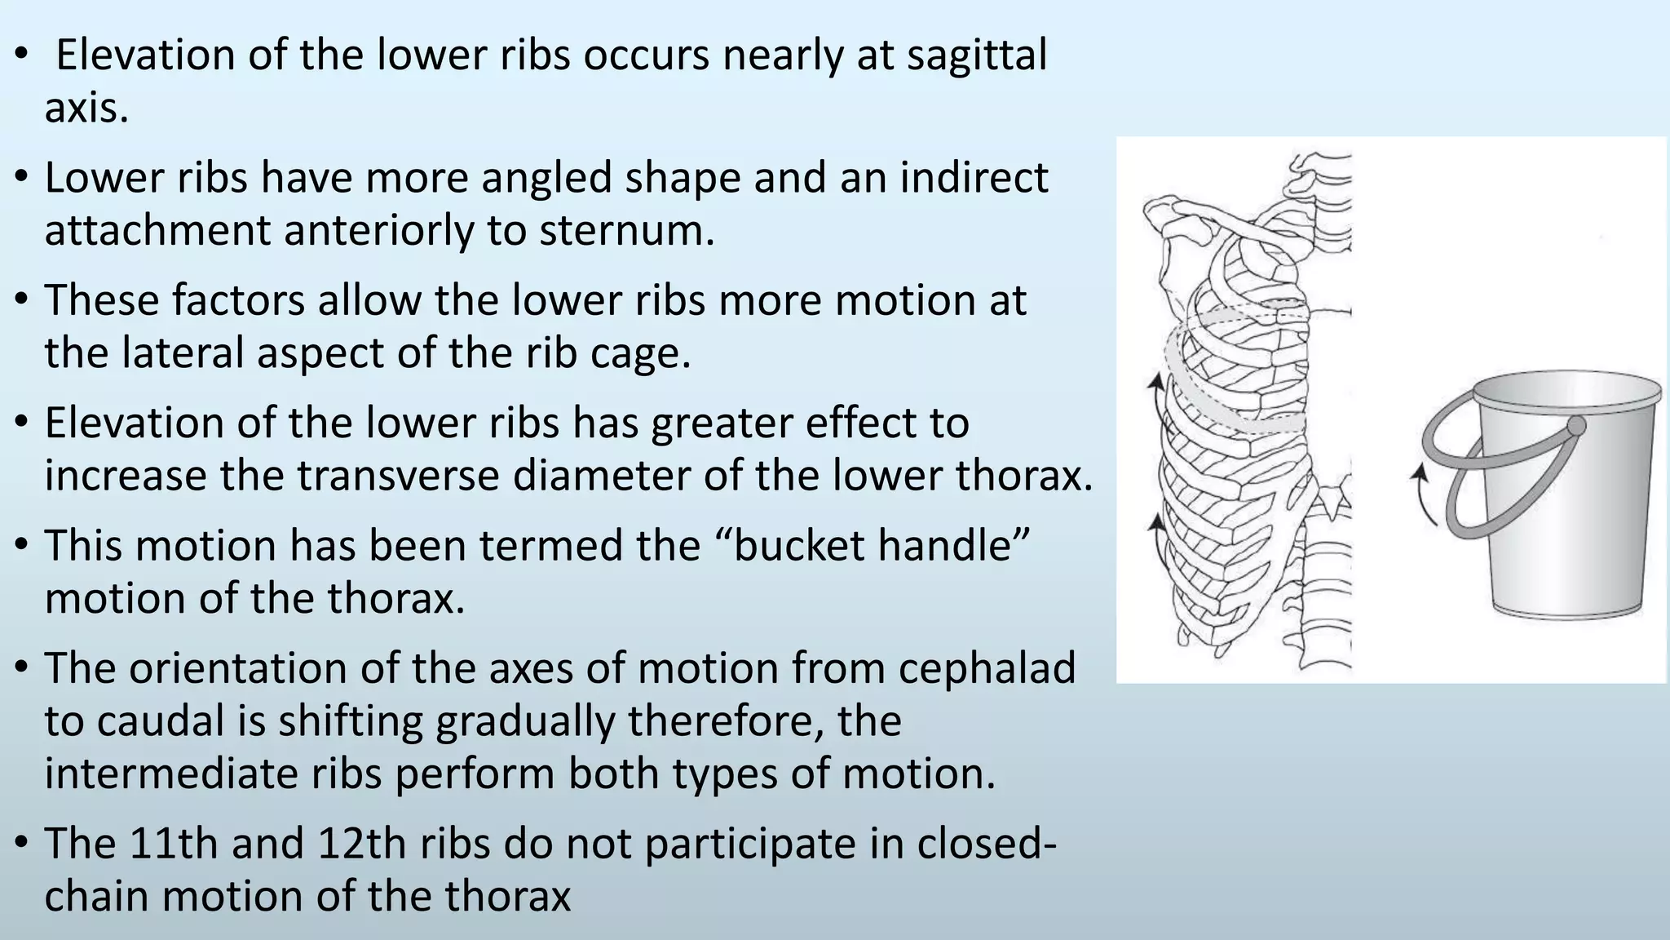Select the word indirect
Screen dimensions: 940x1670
974,178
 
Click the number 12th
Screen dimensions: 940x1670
362,843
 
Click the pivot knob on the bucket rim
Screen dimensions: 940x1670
1576,425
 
